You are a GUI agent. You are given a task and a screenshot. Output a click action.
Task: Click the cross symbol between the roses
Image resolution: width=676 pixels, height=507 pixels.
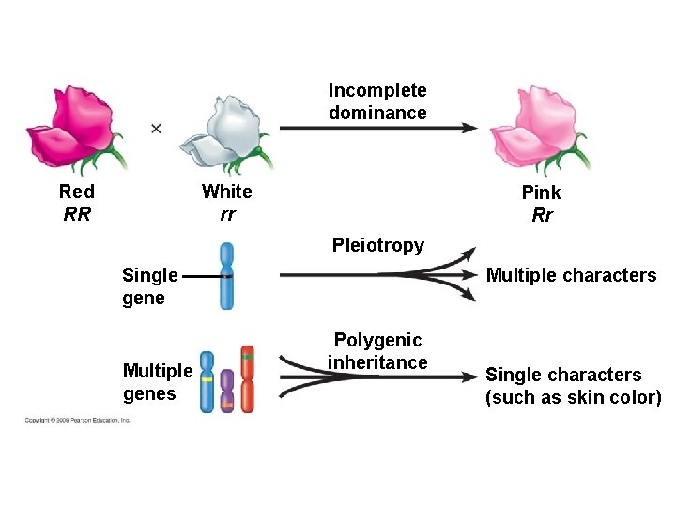click(x=156, y=128)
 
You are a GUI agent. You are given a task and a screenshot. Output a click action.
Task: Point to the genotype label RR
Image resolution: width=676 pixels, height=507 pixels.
click(x=77, y=214)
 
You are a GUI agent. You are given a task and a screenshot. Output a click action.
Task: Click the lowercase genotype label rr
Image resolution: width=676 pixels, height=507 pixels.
click(x=227, y=214)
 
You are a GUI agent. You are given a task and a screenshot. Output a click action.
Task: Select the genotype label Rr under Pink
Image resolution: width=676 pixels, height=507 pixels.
click(x=542, y=215)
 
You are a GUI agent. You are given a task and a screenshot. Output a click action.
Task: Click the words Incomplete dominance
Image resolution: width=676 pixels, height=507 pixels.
click(x=377, y=101)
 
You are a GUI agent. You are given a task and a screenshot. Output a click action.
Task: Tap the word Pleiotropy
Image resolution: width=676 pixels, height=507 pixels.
click(x=377, y=245)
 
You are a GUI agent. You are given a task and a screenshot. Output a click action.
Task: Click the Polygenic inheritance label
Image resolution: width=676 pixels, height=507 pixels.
click(x=377, y=351)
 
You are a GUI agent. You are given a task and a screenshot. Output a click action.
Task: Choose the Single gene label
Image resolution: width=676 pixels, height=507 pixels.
click(x=149, y=286)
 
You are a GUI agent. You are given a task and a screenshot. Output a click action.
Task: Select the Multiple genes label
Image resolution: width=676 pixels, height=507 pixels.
click(x=157, y=382)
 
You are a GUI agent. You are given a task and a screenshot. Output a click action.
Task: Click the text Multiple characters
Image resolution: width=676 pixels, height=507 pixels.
click(x=571, y=275)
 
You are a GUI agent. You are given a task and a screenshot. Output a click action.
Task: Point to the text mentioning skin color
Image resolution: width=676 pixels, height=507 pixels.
click(x=573, y=386)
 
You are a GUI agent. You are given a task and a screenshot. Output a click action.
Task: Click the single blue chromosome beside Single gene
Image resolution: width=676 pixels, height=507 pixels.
click(x=226, y=276)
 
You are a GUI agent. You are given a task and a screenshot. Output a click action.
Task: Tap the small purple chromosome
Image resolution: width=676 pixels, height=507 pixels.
click(x=227, y=391)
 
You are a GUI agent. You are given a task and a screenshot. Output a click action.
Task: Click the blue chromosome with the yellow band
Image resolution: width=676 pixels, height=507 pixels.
click(x=207, y=383)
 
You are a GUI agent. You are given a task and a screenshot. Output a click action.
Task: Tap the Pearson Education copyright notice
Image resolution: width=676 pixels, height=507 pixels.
click(x=77, y=420)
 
